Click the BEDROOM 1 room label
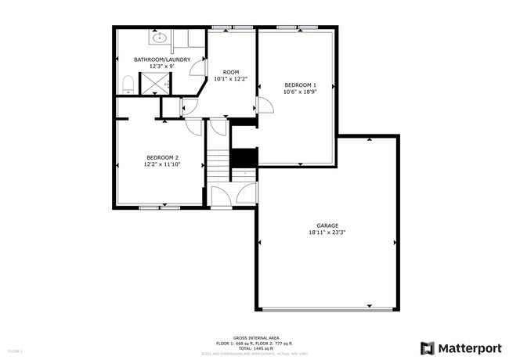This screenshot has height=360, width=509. [x=300, y=85]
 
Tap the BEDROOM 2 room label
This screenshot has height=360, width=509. [x=162, y=157]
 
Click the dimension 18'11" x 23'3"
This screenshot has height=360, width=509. [x=327, y=232]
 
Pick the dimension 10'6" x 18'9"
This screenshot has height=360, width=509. [x=300, y=92]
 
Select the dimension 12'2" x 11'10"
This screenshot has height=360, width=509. [x=162, y=164]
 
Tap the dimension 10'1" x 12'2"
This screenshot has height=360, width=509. [x=230, y=79]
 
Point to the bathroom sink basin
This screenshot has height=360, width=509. [x=160, y=36]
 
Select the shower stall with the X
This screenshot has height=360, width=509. [x=163, y=81]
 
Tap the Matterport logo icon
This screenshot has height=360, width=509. [x=428, y=347]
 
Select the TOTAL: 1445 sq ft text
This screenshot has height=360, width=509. [x=254, y=348]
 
